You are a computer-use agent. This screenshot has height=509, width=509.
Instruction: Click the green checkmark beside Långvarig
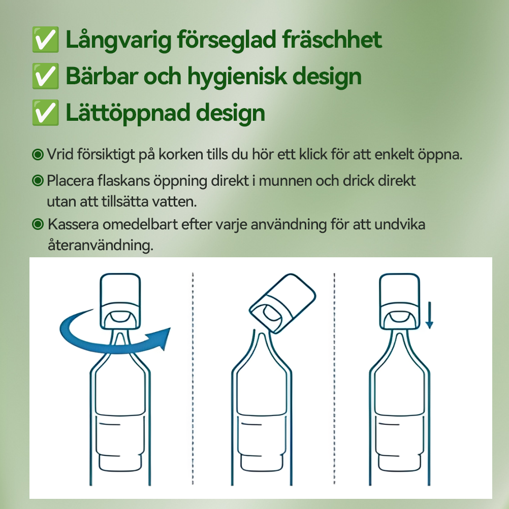click(x=44, y=41)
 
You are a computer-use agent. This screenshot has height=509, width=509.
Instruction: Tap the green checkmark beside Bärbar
click(x=44, y=77)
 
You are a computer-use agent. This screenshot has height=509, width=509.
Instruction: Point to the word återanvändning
click(x=100, y=246)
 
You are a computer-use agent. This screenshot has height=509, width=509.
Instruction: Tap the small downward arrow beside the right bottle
click(x=429, y=316)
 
